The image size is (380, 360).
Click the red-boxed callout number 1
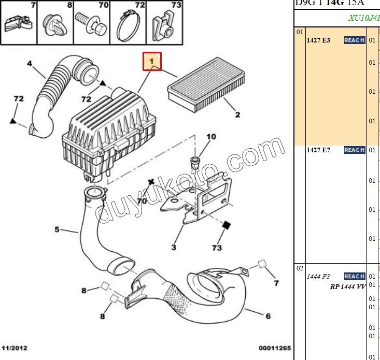152,62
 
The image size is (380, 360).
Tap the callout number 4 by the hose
29,64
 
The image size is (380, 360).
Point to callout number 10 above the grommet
211,137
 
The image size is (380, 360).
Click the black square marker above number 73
226,226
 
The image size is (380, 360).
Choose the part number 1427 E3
318,40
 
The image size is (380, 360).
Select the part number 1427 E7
318,150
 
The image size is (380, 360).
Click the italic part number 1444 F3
318,277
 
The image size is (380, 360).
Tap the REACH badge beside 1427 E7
355,150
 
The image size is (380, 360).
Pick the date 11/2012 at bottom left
15,348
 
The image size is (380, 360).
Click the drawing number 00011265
274,348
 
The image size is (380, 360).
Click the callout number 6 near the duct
268,315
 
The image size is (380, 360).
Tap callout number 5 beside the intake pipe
57,229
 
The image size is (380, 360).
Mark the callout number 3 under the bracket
174,247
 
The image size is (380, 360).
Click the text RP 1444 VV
347,286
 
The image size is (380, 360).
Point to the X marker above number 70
151,182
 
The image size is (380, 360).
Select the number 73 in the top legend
176,6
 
